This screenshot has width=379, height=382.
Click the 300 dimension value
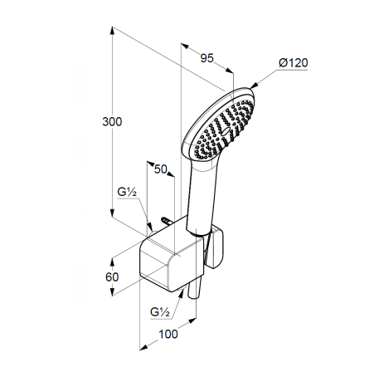pyautogui.click(x=112, y=122)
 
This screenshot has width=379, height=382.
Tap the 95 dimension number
pyautogui.click(x=207, y=58)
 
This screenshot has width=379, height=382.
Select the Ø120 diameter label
pyautogui.click(x=294, y=63)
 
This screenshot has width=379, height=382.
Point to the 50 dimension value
pyautogui.click(x=161, y=169)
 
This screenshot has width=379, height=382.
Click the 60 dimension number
pyautogui.click(x=112, y=277)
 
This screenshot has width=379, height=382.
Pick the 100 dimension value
pyautogui.click(x=168, y=334)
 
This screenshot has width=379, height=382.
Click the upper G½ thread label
pyautogui.click(x=127, y=192)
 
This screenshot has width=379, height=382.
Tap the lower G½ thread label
pyautogui.click(x=160, y=312)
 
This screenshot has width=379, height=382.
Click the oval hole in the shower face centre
pyautogui.click(x=226, y=131)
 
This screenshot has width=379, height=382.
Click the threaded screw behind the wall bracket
pyautogui.click(x=166, y=221)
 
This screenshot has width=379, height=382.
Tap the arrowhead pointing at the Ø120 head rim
pyautogui.click(x=254, y=86)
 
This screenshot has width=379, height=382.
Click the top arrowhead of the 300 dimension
pyautogui.click(x=112, y=31)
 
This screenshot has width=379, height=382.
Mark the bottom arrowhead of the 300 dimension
pyautogui.click(x=112, y=213)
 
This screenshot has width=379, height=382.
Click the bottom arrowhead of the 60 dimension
pyautogui.click(x=112, y=291)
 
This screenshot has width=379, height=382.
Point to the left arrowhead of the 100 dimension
pyautogui.click(x=143, y=347)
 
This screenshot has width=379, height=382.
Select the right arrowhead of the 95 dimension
pyautogui.click(x=230, y=71)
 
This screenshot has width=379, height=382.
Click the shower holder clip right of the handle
pyautogui.click(x=216, y=247)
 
